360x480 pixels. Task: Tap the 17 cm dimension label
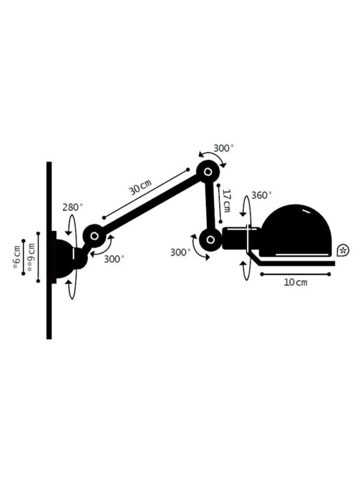[227, 201]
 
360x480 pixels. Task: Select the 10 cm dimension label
[295, 282]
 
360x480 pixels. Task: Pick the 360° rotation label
[262, 195]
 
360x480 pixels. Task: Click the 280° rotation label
[72, 207]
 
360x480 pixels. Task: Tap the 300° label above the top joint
[224, 148]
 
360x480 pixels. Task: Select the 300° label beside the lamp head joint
[180, 252]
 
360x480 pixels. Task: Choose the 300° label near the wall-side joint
[114, 259]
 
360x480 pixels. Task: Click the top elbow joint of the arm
[208, 172]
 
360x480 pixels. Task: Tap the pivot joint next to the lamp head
[210, 240]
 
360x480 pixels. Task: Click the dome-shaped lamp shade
[295, 231]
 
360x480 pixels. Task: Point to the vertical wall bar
[49, 251]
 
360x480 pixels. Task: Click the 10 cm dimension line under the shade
[295, 274]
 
